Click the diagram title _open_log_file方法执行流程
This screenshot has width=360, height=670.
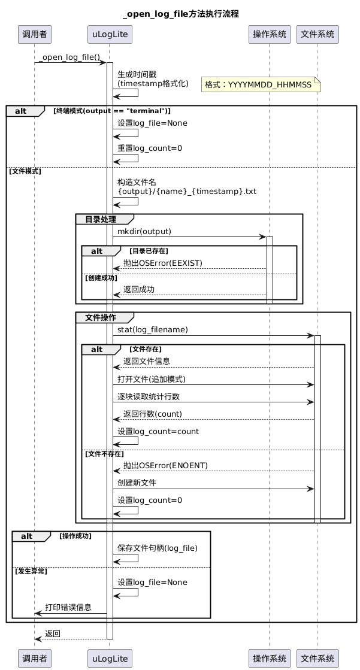tap(180, 14)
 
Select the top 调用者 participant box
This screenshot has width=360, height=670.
tap(35, 34)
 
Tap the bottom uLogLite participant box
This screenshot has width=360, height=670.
tap(110, 659)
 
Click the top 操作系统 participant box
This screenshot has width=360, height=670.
tap(270, 34)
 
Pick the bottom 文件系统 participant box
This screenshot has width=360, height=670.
tap(317, 659)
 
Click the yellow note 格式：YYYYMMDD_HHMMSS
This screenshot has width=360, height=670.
tap(261, 84)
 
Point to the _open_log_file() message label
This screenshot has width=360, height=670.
tap(69, 57)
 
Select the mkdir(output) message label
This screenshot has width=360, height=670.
tap(144, 232)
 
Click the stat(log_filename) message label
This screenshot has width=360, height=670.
tap(153, 330)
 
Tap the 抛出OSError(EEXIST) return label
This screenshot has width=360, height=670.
tap(163, 263)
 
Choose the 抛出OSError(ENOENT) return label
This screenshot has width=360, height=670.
tap(165, 465)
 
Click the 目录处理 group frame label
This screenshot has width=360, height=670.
tap(101, 219)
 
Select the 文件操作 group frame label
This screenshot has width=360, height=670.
tap(101, 317)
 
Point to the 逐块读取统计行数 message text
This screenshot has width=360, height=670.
tap(149, 396)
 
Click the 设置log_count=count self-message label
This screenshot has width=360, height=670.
tap(158, 432)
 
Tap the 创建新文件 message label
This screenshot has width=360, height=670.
tap(137, 483)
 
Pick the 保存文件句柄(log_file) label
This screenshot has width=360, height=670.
tap(158, 548)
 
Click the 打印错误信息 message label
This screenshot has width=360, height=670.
tap(68, 607)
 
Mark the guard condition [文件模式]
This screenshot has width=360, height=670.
tap(25, 171)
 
